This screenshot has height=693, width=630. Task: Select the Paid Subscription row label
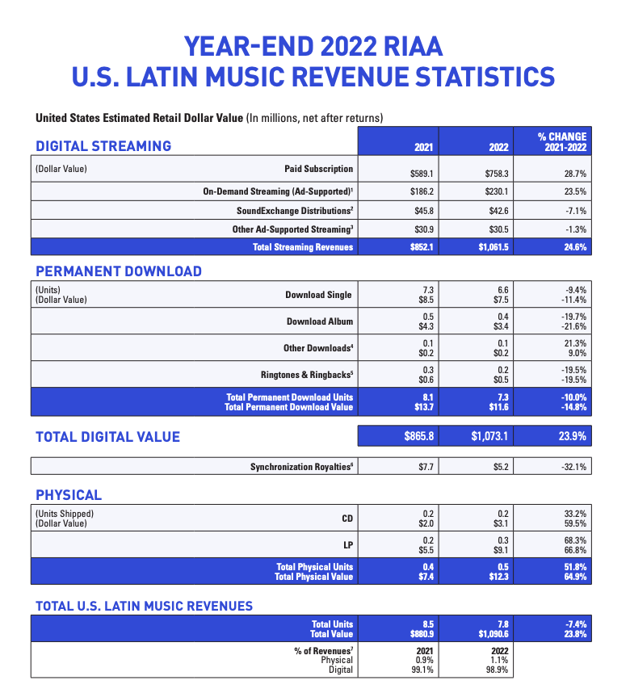click(x=318, y=169)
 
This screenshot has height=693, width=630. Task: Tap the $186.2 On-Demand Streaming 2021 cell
click(x=422, y=191)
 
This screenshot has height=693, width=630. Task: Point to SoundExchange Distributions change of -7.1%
click(x=574, y=211)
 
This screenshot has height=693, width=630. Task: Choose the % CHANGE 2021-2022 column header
click(x=562, y=142)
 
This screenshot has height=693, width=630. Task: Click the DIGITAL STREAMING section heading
click(x=103, y=146)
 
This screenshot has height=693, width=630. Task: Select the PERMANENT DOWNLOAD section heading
click(x=119, y=271)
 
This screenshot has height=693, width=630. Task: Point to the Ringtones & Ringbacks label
click(x=307, y=375)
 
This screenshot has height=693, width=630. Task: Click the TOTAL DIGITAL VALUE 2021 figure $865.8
click(x=420, y=437)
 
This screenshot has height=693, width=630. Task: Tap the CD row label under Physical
click(x=347, y=519)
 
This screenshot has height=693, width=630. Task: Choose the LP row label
click(x=348, y=545)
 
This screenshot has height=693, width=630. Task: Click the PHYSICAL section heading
click(x=69, y=495)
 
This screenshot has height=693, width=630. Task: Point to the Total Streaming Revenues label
click(x=303, y=247)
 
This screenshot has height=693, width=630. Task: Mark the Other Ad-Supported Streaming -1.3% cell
click(x=575, y=229)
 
